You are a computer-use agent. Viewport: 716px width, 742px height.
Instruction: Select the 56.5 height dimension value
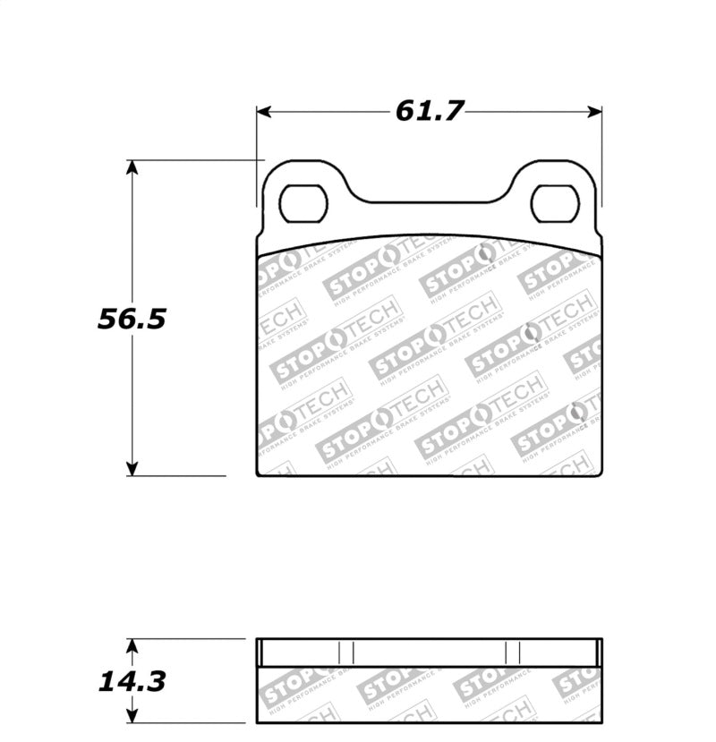point(132,319)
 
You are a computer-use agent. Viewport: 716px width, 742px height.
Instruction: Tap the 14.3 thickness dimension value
point(132,682)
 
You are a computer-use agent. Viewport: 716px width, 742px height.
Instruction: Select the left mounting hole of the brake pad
point(303,203)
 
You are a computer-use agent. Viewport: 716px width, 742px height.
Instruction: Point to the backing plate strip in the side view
point(429,652)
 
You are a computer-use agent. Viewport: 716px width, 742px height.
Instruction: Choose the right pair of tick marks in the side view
point(513,652)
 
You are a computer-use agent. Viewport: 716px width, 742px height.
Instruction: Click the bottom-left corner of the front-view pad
point(258,475)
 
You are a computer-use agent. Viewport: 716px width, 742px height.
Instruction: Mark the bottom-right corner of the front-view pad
point(601,475)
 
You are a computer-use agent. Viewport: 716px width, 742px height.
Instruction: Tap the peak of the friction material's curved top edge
point(429,237)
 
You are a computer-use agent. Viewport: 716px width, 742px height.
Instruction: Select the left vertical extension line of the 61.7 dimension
point(257,143)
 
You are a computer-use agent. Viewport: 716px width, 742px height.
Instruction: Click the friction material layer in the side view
point(429,695)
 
